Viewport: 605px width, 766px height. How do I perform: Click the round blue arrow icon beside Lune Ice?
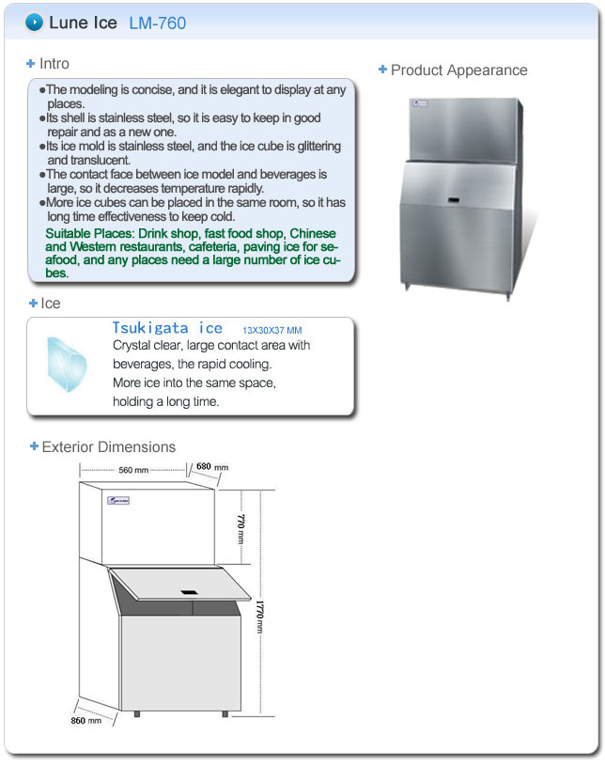click(x=35, y=22)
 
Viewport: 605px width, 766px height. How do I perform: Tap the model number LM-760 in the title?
click(x=157, y=23)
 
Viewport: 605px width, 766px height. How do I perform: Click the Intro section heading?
click(x=54, y=64)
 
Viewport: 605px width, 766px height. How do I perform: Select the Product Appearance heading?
click(x=458, y=70)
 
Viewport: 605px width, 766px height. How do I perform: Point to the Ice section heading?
click(x=50, y=304)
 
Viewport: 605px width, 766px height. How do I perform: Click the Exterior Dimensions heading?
click(x=108, y=446)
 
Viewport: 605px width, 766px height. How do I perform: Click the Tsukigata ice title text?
click(x=167, y=328)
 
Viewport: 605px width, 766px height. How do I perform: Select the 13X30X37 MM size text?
click(x=272, y=331)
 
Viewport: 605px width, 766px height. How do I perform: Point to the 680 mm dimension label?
click(x=211, y=467)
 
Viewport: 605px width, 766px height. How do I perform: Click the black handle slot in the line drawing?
click(x=189, y=591)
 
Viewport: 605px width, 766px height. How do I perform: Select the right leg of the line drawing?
click(x=225, y=713)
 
